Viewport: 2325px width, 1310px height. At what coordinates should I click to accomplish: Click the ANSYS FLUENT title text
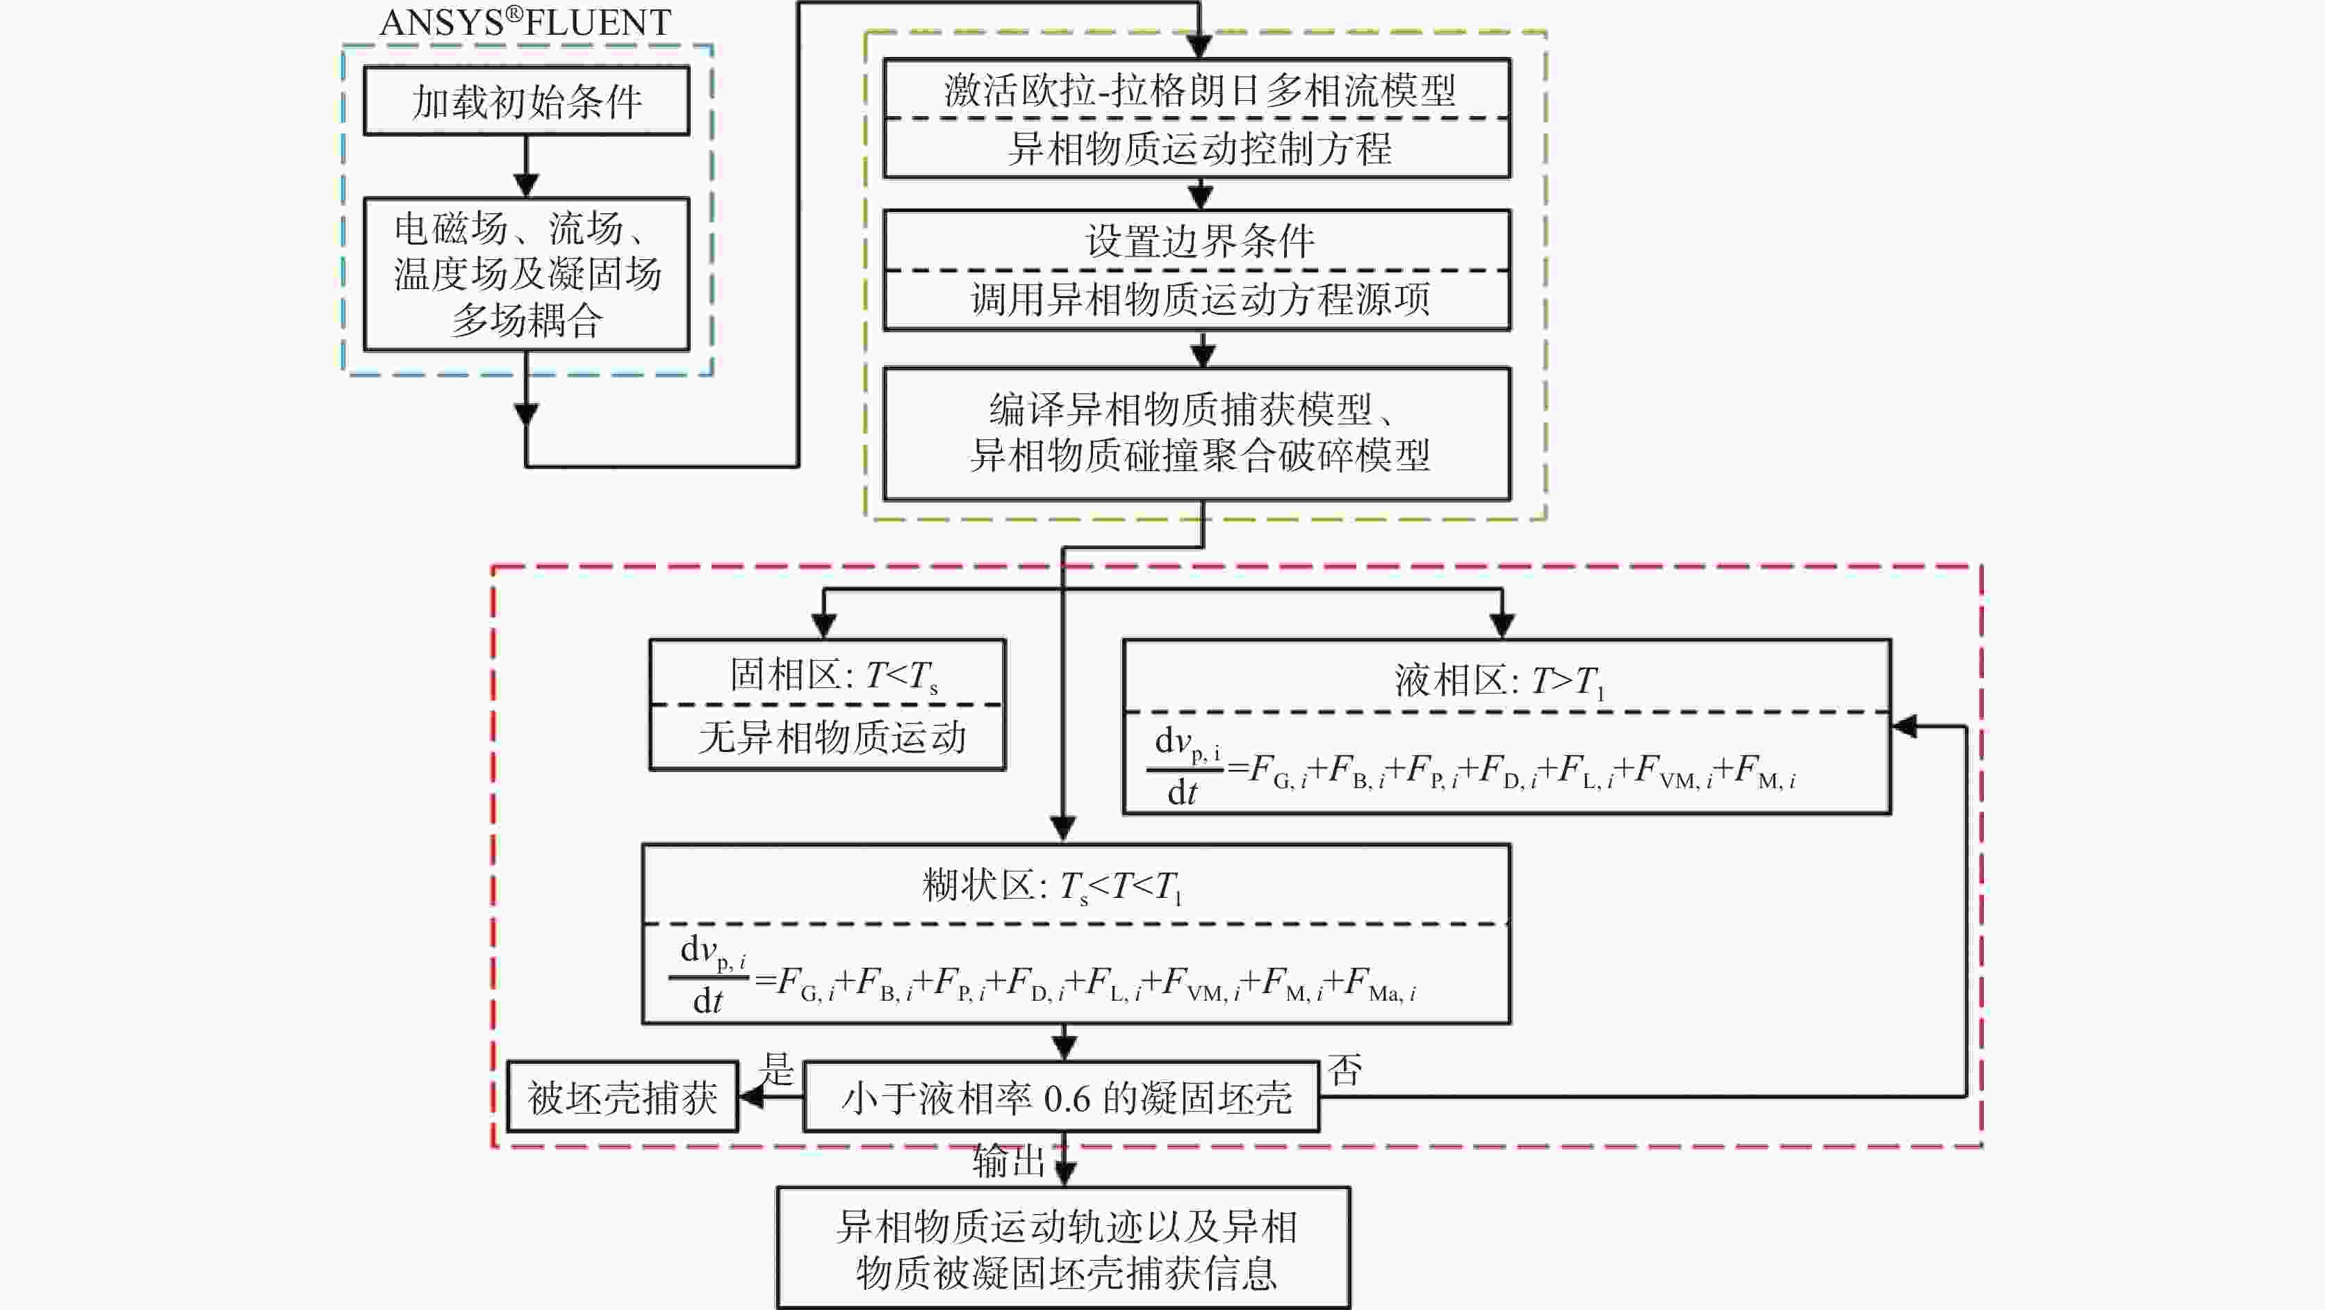coord(525,22)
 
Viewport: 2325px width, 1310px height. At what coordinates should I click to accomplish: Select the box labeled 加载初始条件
coord(526,101)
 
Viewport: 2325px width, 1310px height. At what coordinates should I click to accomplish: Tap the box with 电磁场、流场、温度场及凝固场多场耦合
coord(526,274)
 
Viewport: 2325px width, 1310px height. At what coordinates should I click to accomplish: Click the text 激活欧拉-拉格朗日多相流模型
coord(1199,90)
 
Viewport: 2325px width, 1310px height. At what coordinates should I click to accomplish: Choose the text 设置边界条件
coord(1199,241)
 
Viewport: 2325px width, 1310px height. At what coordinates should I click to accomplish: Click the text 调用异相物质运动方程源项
coord(1199,299)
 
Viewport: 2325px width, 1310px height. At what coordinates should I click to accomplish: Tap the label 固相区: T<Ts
coord(832,676)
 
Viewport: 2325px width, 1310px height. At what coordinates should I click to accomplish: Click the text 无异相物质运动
coord(832,737)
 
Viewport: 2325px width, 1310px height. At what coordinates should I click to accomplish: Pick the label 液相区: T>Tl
coord(1498,681)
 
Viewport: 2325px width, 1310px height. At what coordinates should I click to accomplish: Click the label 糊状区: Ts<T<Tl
coord(1051,885)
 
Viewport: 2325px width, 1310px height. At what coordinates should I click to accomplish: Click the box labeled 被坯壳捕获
coord(623,1098)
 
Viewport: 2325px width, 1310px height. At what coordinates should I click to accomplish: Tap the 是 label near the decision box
coord(776,1069)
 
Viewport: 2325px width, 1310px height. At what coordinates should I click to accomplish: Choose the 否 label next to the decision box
coord(1345,1071)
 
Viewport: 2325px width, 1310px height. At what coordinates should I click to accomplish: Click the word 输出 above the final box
coord(1008,1161)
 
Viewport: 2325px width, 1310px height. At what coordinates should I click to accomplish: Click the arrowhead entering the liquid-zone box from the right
coord(1905,726)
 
